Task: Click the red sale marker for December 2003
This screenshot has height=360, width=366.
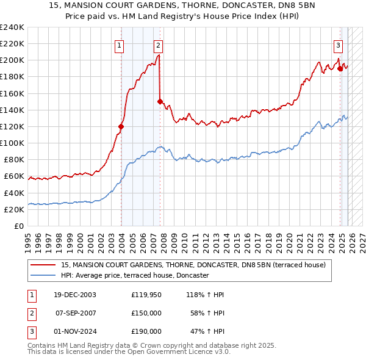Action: click(x=121, y=126)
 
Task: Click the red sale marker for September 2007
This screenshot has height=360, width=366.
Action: click(x=160, y=102)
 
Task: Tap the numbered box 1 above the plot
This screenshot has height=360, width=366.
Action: click(x=119, y=45)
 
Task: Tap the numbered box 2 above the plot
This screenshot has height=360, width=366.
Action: click(x=158, y=45)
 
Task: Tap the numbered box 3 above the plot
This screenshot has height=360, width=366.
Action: click(x=338, y=45)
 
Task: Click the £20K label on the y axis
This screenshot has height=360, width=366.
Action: click(x=13, y=209)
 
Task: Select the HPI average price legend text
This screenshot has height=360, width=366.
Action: click(x=135, y=276)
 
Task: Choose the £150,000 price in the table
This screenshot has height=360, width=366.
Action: click(x=146, y=313)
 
